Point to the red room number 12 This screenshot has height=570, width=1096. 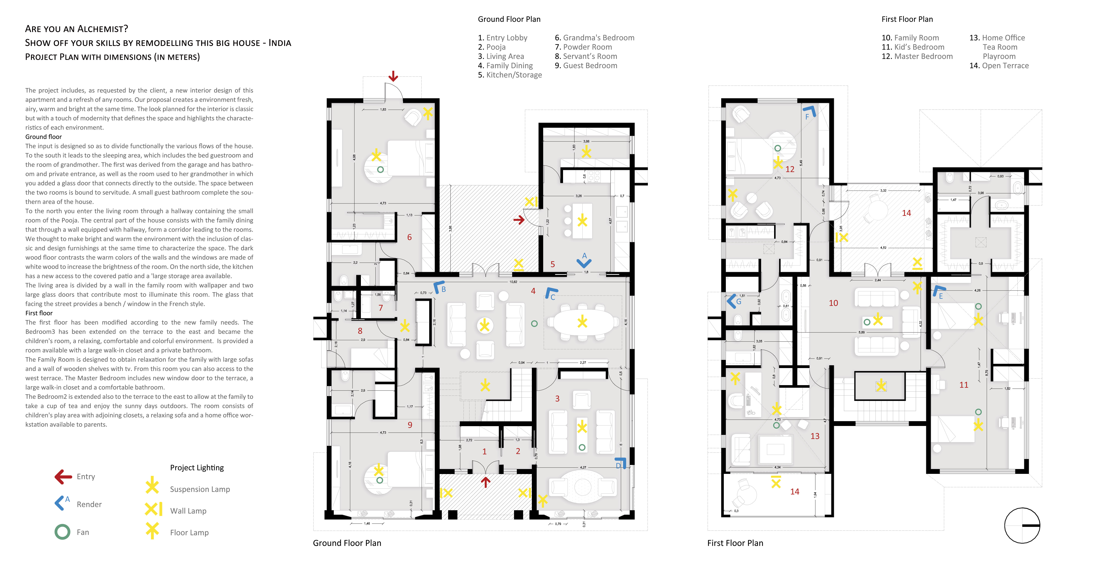[790, 169]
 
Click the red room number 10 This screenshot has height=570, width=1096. [833, 303]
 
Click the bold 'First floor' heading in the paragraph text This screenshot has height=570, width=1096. [39, 313]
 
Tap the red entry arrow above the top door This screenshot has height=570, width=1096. [393, 77]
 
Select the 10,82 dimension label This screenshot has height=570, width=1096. [513, 282]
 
